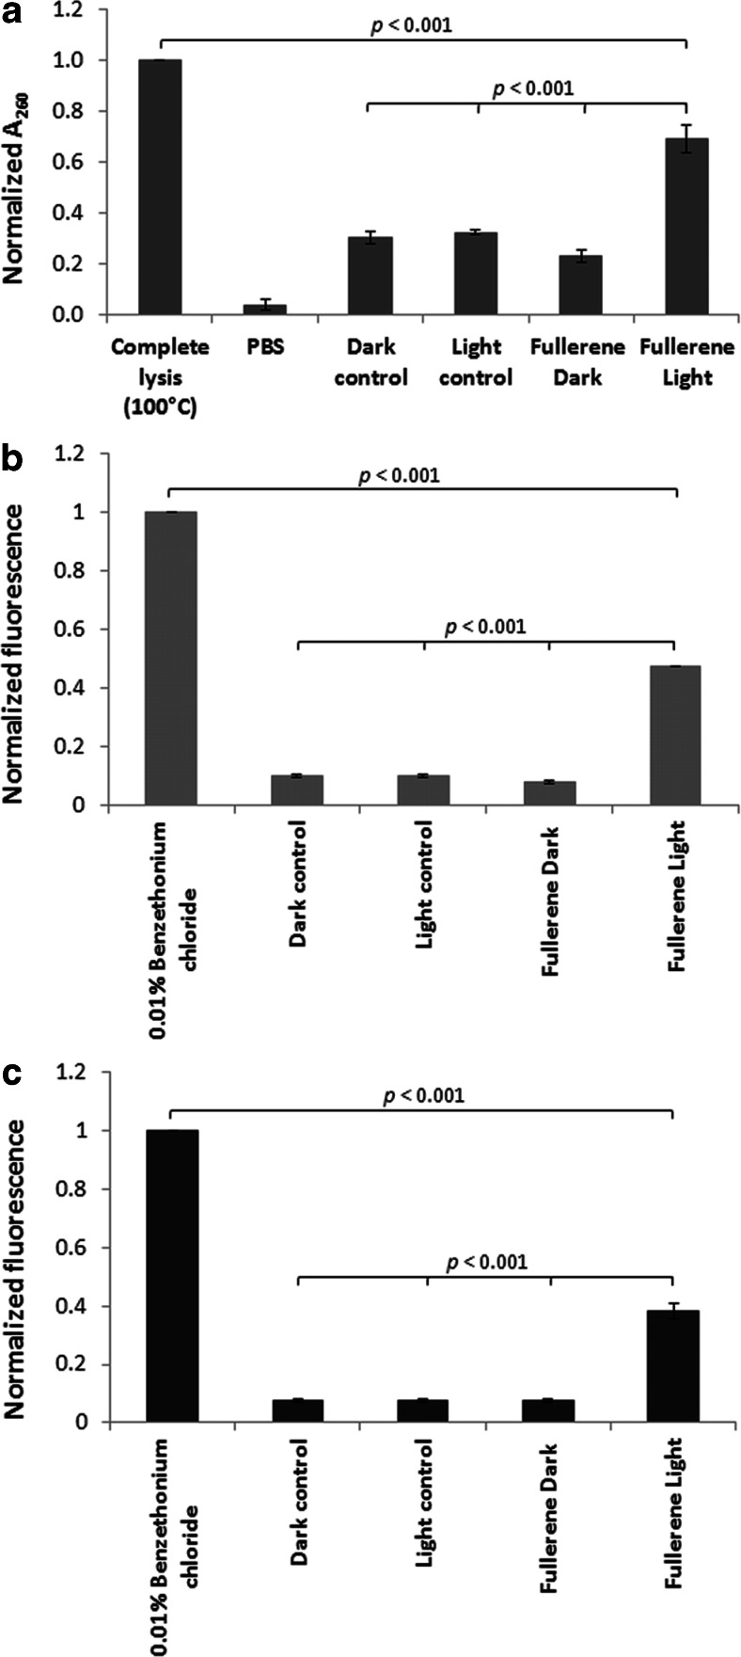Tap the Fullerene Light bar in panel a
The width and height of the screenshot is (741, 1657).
click(x=686, y=226)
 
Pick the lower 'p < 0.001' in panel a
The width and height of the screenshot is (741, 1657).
click(x=534, y=89)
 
